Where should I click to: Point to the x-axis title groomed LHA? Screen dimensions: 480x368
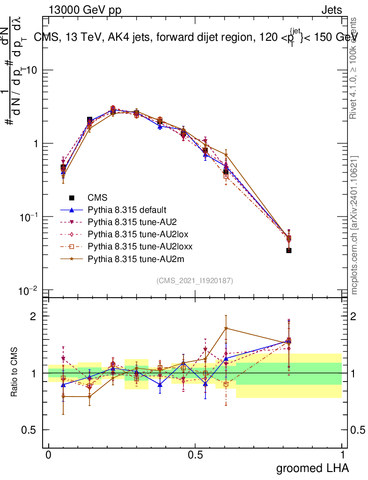pyautogui.click(x=313, y=468)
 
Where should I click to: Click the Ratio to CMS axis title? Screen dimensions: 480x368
pyautogui.click(x=15, y=370)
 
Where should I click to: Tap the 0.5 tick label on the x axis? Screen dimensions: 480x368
pyautogui.click(x=195, y=455)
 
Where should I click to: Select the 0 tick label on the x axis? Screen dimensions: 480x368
pyautogui.click(x=48, y=455)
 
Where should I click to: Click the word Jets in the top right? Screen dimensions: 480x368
pyautogui.click(x=331, y=10)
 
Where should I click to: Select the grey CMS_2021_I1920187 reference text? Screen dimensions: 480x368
pyautogui.click(x=195, y=280)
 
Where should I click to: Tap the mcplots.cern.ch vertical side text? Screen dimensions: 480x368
pyautogui.click(x=355, y=225)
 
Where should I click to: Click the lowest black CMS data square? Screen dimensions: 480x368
pyautogui.click(x=289, y=250)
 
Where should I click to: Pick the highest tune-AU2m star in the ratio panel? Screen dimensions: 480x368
pyautogui.click(x=226, y=328)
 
